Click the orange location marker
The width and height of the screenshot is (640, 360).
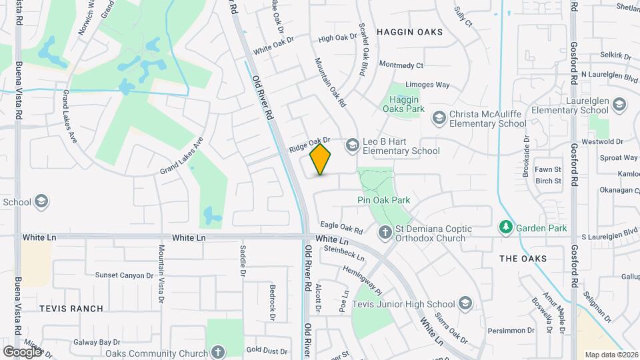point(321,159)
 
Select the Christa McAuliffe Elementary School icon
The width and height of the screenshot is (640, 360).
point(439,118)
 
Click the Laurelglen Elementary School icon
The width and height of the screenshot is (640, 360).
point(620,105)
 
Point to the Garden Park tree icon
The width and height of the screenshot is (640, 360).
point(507,228)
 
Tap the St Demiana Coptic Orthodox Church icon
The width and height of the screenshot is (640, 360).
point(385,232)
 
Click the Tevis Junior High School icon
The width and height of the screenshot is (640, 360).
point(465,304)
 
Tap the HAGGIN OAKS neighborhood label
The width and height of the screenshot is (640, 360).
point(409,31)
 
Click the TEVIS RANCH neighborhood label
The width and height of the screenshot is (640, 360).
point(71,309)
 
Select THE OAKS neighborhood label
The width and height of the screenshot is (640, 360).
point(523,259)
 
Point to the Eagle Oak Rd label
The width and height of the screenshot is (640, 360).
point(341,228)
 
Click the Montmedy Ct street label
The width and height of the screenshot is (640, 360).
point(401,65)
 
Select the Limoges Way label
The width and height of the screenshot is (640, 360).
point(428,85)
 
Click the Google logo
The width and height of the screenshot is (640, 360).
point(22,351)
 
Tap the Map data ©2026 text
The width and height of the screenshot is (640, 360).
point(611,355)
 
